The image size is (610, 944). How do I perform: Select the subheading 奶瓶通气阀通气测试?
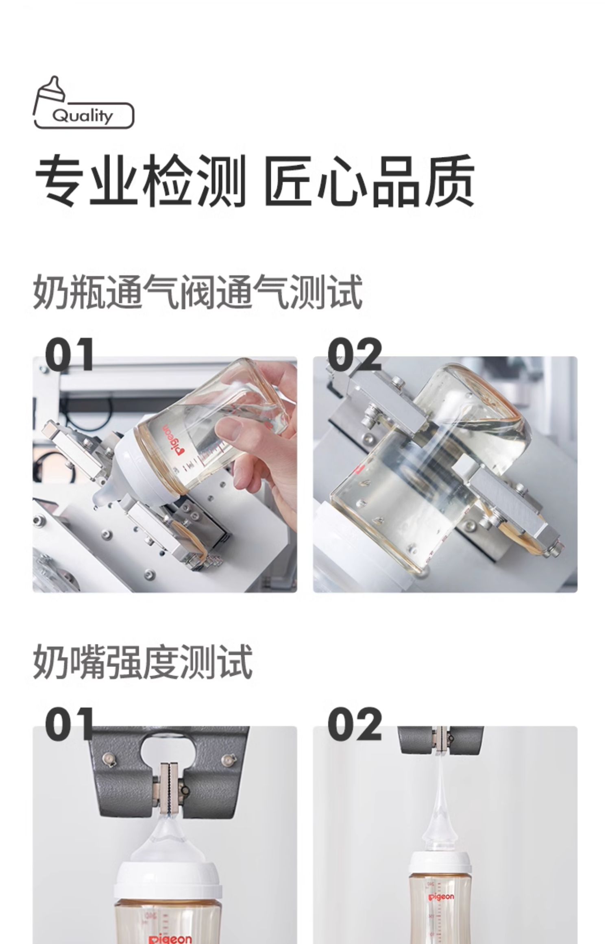click(x=198, y=292)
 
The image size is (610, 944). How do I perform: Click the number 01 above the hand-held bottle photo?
click(x=69, y=355)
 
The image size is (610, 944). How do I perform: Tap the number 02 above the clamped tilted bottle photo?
click(x=355, y=355)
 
